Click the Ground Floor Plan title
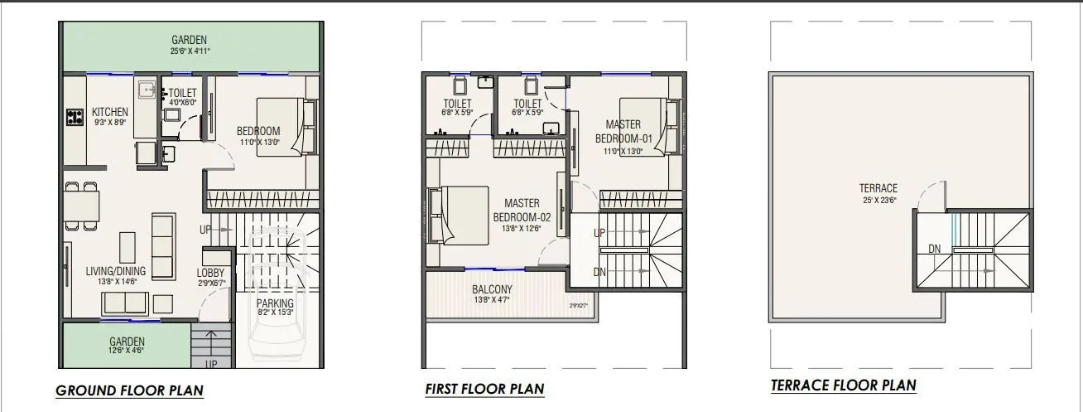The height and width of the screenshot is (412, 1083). click(x=129, y=390)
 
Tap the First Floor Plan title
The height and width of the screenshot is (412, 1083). click(x=484, y=389)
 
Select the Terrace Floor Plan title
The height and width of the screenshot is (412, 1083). click(x=843, y=385)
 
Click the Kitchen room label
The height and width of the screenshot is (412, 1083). click(x=110, y=112)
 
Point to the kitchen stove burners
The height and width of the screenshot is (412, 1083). click(x=75, y=117)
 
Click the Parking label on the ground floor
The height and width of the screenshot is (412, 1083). click(x=274, y=303)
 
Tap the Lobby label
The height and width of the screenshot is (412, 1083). click(x=210, y=273)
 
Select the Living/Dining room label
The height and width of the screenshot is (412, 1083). click(x=116, y=271)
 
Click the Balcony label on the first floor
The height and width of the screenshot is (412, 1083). click(x=492, y=289)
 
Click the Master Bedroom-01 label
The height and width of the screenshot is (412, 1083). click(x=623, y=131)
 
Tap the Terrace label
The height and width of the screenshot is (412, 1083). click(x=878, y=188)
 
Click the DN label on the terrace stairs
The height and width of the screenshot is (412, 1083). click(x=934, y=249)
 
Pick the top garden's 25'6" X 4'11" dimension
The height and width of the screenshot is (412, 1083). click(x=190, y=51)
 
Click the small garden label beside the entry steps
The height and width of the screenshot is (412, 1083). click(x=127, y=342)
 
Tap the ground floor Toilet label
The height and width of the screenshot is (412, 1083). click(x=184, y=93)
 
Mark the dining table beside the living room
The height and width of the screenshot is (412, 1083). click(x=82, y=204)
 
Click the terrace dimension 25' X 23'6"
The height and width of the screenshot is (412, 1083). click(x=878, y=199)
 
